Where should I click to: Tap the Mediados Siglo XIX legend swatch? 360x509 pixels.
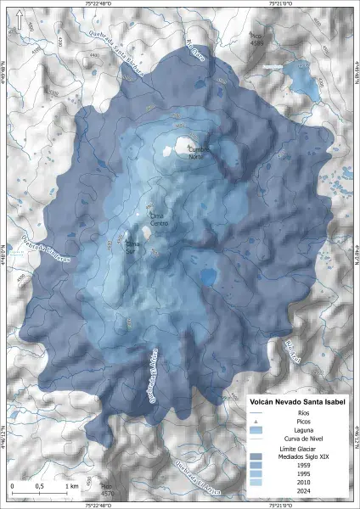pyautogui.click(x=255, y=456)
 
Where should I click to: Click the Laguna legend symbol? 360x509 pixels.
pyautogui.click(x=255, y=431)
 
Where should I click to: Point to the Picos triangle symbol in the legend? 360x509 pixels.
pyautogui.click(x=255, y=421)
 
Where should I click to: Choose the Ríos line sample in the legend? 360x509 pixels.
pyautogui.click(x=255, y=412)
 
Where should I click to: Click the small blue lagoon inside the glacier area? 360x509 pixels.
pyautogui.click(x=207, y=277)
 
